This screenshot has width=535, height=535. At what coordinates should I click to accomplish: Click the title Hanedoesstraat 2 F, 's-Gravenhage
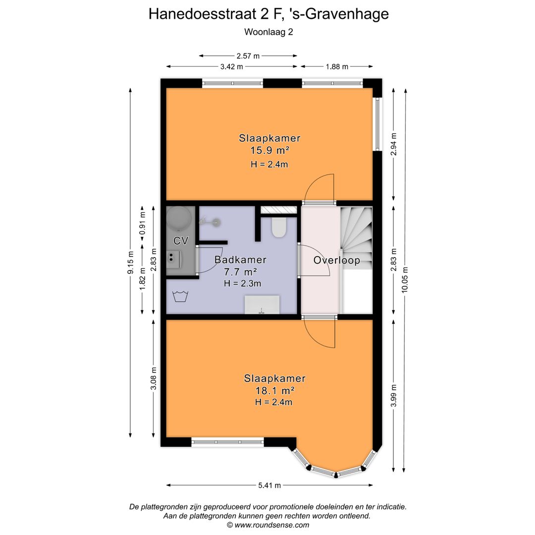tap(268, 14)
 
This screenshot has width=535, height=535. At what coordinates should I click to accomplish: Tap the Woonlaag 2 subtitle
tap(268, 32)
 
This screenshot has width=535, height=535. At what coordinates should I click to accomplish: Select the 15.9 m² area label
tap(269, 151)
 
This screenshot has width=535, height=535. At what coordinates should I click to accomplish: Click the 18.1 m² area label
tap(274, 390)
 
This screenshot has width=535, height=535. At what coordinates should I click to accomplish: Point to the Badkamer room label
tap(240, 260)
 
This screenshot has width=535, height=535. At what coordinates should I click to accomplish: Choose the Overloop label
tap(336, 261)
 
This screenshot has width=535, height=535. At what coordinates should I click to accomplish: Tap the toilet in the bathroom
tap(279, 226)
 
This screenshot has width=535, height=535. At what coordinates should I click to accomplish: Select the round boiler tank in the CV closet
tap(179, 218)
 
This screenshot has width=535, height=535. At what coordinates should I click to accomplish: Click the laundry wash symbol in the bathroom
tap(180, 297)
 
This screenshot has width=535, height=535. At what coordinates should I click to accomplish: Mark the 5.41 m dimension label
tap(268, 485)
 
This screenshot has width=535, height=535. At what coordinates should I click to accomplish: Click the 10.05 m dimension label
tap(406, 280)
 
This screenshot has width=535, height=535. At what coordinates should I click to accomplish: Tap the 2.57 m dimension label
tap(248, 56)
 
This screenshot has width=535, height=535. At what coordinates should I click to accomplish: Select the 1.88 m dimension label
tap(336, 66)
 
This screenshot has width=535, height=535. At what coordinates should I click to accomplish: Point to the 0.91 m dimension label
tap(142, 223)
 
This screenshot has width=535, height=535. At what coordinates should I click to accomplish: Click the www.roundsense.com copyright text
tap(268, 525)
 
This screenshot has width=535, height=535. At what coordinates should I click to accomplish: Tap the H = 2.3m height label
tap(242, 283)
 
